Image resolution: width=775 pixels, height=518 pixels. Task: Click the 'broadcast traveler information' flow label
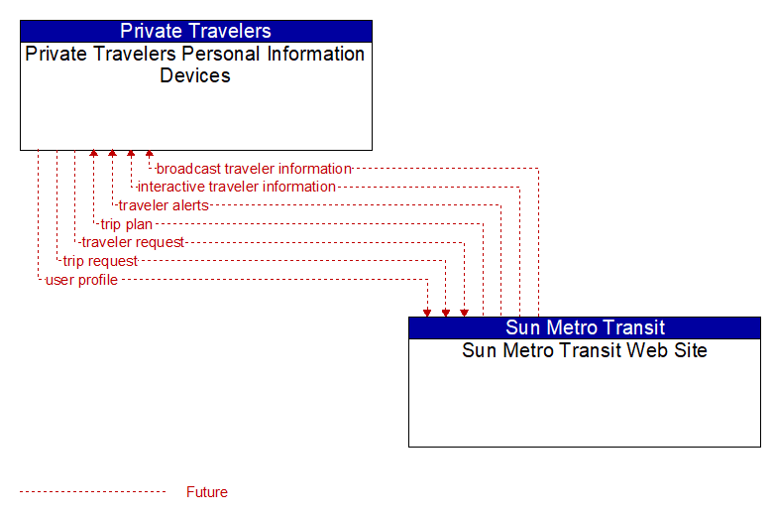click(254, 169)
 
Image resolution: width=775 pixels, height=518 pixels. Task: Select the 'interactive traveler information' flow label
click(236, 187)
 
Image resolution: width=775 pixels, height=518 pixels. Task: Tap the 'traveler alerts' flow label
click(164, 205)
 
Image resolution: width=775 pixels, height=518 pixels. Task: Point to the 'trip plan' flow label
click(127, 224)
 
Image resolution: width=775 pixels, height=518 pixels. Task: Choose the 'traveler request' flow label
click(133, 242)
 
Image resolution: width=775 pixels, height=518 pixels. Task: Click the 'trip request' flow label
click(100, 261)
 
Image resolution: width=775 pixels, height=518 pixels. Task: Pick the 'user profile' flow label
click(81, 280)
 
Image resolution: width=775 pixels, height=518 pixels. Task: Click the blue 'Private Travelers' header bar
click(196, 31)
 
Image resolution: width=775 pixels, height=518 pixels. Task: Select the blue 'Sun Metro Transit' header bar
click(585, 327)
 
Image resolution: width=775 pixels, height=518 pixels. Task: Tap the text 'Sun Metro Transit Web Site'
click(585, 350)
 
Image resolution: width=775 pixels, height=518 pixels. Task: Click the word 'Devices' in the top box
click(195, 75)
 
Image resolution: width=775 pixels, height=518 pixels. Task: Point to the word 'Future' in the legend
click(207, 492)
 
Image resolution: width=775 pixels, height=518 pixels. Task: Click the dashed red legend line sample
click(92, 492)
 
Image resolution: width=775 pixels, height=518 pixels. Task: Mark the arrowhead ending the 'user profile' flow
click(427, 313)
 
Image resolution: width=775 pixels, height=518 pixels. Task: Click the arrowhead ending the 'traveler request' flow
click(464, 313)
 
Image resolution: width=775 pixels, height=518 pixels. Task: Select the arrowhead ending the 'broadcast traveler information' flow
click(150, 154)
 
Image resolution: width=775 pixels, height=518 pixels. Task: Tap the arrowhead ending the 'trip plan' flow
click(93, 154)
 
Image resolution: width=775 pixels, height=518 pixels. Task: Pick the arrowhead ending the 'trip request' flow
click(446, 313)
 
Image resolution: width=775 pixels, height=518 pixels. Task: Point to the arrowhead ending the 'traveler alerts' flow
click(112, 154)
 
